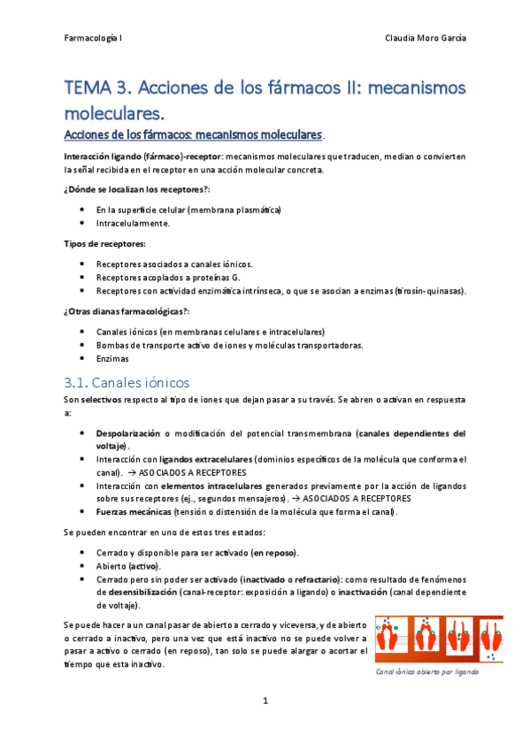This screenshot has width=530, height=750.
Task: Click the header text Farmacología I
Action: pos(94,38)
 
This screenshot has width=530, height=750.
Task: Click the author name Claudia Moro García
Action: pos(426,38)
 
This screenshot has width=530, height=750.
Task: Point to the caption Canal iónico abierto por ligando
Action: pos(426,672)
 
